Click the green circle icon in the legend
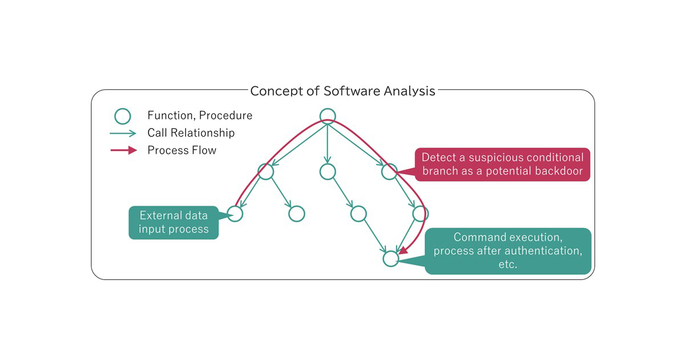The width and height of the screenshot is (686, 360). point(123,116)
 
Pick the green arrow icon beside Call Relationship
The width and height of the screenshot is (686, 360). point(123,133)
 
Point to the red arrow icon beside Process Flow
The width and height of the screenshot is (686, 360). point(123,151)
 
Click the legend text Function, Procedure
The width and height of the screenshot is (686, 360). point(200,116)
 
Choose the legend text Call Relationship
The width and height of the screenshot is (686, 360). point(191,133)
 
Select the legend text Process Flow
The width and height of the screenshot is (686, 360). point(182,151)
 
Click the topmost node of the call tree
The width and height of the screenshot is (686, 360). point(327,116)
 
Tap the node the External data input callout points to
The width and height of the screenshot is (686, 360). point(235,214)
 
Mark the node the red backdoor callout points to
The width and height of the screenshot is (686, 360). point(389,171)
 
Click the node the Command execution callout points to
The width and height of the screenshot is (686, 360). point(390,259)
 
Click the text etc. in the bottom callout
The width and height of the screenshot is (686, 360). point(508,265)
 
